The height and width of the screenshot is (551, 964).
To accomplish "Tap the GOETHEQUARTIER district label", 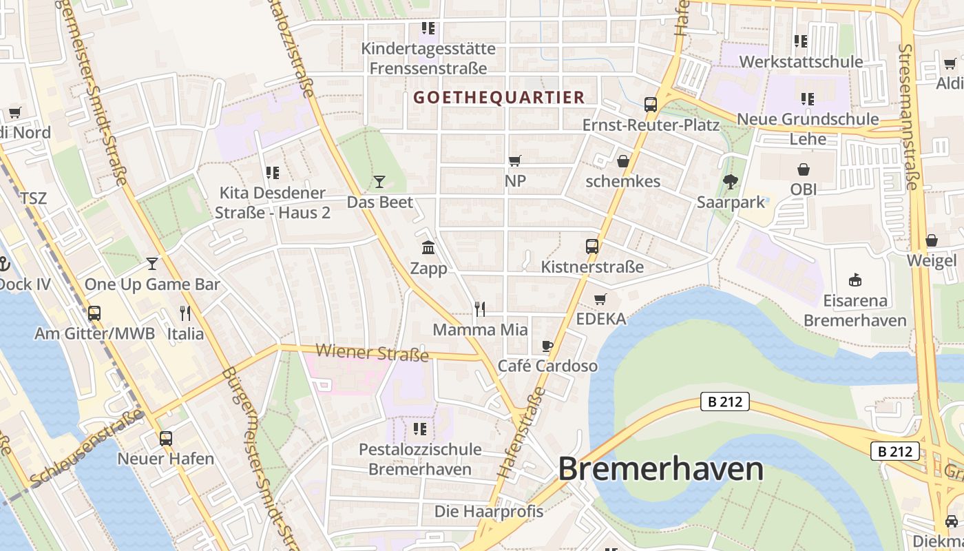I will pyautogui.click(x=499, y=98).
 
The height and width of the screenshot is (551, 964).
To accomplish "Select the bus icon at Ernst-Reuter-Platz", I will pyautogui.click(x=651, y=105).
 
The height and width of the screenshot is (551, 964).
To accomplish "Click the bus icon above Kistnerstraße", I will pyautogui.click(x=592, y=246).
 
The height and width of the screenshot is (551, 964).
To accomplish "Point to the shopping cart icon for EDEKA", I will pyautogui.click(x=600, y=299).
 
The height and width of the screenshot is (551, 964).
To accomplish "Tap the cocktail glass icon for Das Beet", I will pyautogui.click(x=379, y=182).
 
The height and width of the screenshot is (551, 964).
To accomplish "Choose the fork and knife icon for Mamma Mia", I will pyautogui.click(x=480, y=309).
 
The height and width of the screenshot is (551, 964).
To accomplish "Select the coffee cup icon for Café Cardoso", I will pyautogui.click(x=547, y=346).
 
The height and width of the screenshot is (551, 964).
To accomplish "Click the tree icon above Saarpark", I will pyautogui.click(x=731, y=182).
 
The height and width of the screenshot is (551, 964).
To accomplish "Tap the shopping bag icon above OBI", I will pyautogui.click(x=804, y=169).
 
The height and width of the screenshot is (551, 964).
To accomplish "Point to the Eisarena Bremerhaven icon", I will pyautogui.click(x=855, y=280).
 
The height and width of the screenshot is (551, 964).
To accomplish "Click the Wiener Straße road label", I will pyautogui.click(x=372, y=353).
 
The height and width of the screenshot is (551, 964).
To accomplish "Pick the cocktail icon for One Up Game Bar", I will pyautogui.click(x=152, y=264).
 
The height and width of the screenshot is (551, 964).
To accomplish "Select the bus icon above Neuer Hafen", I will pyautogui.click(x=166, y=438).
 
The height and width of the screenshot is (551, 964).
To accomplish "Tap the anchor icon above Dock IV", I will pyautogui.click(x=4, y=264).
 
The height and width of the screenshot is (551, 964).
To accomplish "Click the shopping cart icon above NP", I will pyautogui.click(x=515, y=160).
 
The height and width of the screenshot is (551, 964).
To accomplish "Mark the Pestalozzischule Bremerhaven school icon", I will pyautogui.click(x=420, y=429).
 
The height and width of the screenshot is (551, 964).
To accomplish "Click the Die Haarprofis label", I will pyautogui.click(x=489, y=512).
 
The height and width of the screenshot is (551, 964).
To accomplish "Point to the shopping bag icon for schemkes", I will pyautogui.click(x=623, y=161).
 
